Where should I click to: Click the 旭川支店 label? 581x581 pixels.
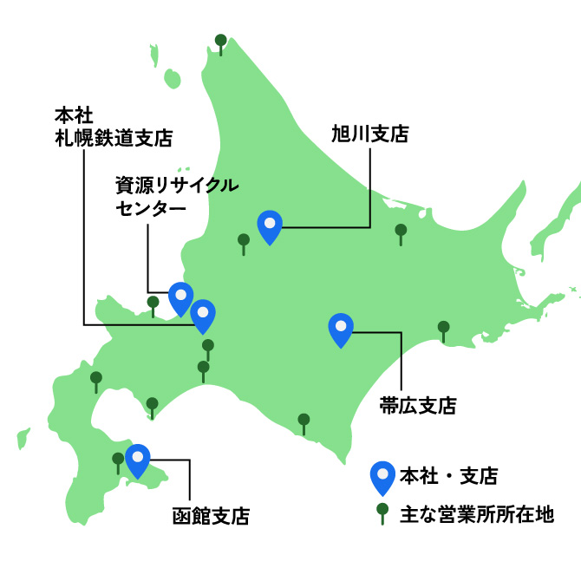369,134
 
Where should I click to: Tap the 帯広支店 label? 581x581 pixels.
418,405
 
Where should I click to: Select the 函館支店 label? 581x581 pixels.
212,517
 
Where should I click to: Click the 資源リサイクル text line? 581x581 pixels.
177,186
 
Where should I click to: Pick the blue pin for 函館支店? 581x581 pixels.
137,459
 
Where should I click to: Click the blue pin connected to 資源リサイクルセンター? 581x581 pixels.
180,297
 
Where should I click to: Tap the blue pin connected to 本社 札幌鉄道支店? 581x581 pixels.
203,314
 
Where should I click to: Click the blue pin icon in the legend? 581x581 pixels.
382,477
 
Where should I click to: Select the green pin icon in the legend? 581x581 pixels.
382,513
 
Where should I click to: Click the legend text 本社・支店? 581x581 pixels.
448,475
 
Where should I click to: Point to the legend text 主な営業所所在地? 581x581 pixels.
476,515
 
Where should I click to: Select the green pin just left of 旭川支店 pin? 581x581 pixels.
244,242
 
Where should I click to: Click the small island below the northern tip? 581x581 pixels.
173,79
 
